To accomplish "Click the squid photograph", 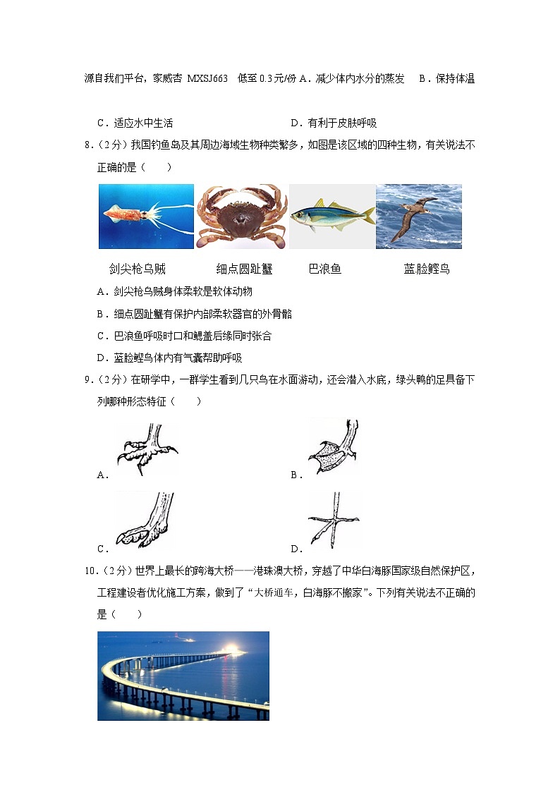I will pyautogui.click(x=146, y=216).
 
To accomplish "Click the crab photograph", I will pyautogui.click(x=241, y=216).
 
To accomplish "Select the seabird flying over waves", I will pyautogui.click(x=418, y=216).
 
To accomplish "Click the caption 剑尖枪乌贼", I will pyautogui.click(x=138, y=269).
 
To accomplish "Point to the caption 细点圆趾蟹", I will pyautogui.click(x=244, y=269).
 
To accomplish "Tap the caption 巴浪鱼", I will pyautogui.click(x=324, y=269).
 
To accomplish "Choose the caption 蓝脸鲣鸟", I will pyautogui.click(x=426, y=269).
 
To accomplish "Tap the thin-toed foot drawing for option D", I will pyautogui.click(x=333, y=521).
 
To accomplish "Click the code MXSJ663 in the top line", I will pyautogui.click(x=207, y=79).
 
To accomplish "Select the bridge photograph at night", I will pyautogui.click(x=183, y=675).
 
